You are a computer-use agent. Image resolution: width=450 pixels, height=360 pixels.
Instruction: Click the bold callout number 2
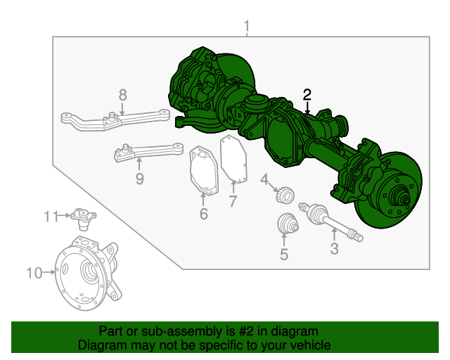[307, 94]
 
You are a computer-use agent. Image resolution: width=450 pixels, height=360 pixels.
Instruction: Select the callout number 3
[334, 248]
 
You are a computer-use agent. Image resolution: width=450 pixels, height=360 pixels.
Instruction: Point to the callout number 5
[284, 255]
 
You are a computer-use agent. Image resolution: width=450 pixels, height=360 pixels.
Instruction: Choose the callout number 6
[203, 214]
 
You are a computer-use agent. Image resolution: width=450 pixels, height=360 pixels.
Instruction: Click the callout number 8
[122, 94]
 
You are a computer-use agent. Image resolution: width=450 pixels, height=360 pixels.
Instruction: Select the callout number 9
[139, 179]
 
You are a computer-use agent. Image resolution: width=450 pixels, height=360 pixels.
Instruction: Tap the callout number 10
[34, 273]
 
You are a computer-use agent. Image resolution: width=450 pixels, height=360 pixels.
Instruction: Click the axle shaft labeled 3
[330, 221]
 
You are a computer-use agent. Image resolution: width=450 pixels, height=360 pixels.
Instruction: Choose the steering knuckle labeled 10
[89, 271]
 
